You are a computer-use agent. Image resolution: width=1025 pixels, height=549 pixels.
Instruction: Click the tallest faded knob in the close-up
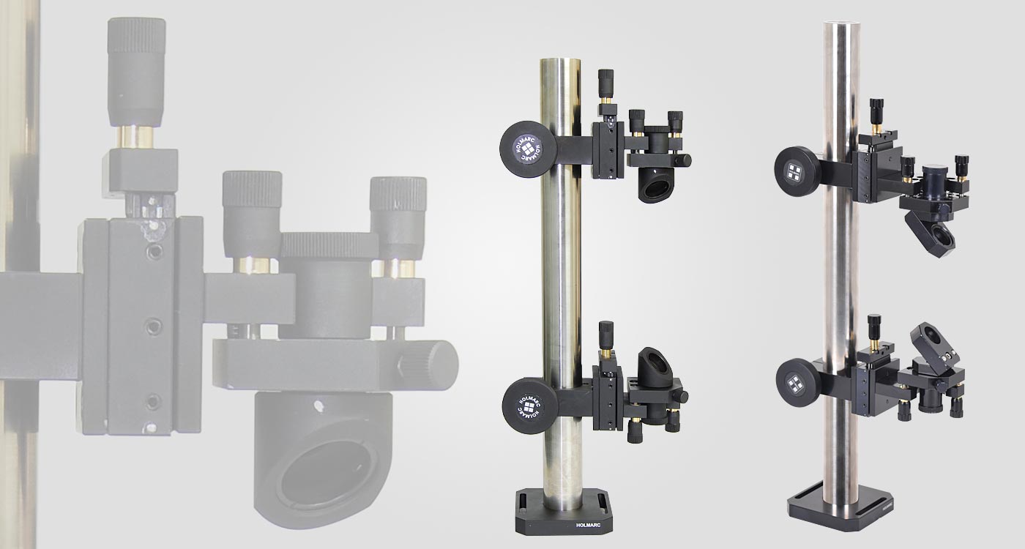(136, 70)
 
